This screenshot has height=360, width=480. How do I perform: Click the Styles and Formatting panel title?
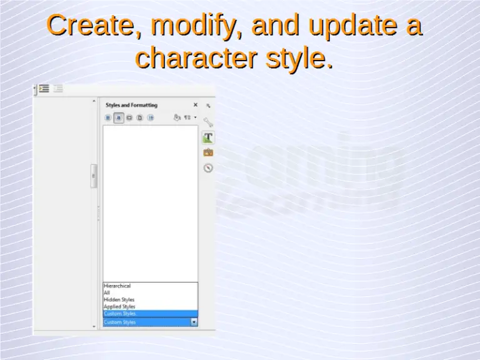[131, 105]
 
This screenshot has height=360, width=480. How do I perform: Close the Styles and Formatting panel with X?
[195, 105]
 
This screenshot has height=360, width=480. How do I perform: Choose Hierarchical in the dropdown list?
[117, 286]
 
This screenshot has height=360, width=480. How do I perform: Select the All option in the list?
[107, 292]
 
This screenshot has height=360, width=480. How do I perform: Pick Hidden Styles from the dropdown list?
[119, 300]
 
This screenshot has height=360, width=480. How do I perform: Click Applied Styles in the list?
[119, 307]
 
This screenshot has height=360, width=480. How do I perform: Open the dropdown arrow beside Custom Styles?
[194, 322]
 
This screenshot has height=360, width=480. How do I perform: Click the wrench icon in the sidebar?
[208, 122]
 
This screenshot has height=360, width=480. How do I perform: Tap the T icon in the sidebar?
[208, 137]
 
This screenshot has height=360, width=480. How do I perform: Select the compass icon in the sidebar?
[208, 167]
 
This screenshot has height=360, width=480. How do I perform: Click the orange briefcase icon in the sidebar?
[208, 152]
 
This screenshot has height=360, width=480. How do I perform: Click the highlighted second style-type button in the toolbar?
[118, 117]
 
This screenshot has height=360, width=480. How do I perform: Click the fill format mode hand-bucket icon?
[177, 117]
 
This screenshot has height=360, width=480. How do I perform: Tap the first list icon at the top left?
[44, 89]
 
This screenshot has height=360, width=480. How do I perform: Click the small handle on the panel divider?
[94, 176]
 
